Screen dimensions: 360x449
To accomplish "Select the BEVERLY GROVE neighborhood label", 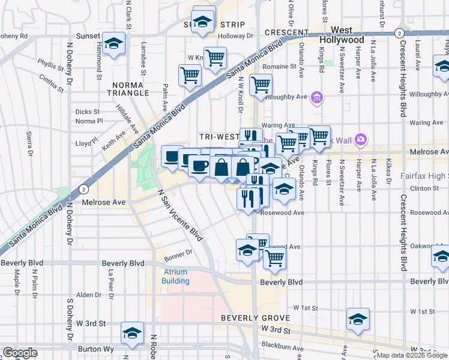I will (255, 317).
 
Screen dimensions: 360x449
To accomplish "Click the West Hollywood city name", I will (342, 34).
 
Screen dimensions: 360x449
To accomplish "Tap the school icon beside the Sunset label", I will (113, 43).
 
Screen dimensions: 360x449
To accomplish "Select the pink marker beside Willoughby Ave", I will (318, 97).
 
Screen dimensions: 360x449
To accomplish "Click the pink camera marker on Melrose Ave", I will (360, 140).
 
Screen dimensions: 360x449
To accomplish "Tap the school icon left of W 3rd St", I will (133, 333).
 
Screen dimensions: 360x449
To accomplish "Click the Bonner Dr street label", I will (176, 253).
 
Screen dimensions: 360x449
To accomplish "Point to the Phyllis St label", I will (50, 62).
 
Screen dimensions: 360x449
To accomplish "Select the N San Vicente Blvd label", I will (173, 213).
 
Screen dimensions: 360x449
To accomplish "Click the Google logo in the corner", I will (20, 353).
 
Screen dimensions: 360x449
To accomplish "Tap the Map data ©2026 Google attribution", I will (412, 355).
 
